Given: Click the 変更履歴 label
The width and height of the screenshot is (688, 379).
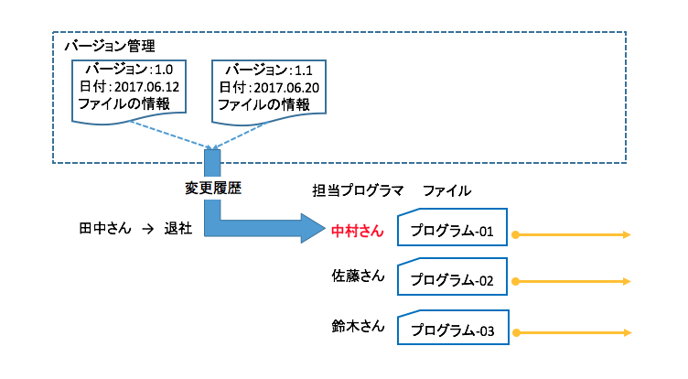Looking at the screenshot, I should [212, 188].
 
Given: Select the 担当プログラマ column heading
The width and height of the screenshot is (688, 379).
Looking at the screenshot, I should [357, 191].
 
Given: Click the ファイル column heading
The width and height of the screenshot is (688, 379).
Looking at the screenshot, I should [446, 191].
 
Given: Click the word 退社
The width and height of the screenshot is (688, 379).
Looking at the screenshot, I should [177, 227].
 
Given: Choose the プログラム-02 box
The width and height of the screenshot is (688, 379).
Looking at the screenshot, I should [452, 280].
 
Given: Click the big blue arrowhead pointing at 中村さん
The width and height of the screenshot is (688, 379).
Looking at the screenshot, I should [312, 228].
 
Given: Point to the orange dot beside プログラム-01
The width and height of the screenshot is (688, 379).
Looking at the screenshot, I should [516, 235].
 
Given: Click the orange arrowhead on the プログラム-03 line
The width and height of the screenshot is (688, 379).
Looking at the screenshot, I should [626, 330].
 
